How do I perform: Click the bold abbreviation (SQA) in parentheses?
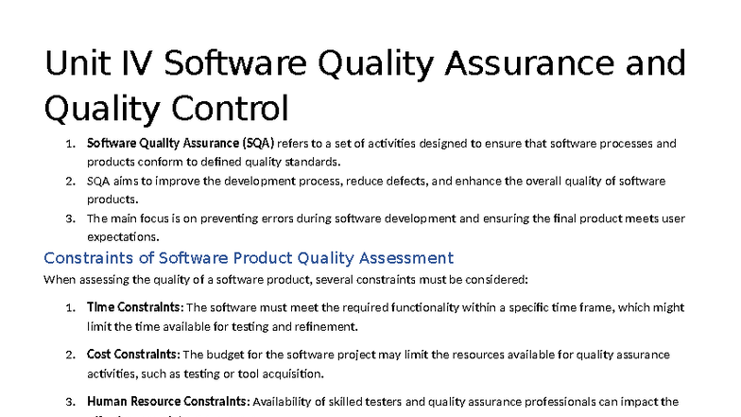(258, 144)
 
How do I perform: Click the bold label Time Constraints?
(134, 307)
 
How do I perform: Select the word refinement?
(325, 326)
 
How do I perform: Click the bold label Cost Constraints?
(132, 355)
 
